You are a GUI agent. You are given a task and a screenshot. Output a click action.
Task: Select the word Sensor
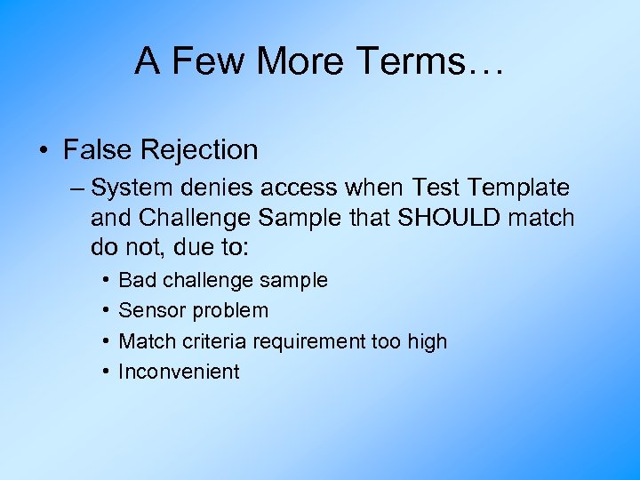click(x=148, y=311)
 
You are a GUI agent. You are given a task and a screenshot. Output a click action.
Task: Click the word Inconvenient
click(x=179, y=372)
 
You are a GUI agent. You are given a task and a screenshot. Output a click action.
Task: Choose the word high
click(x=428, y=341)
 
